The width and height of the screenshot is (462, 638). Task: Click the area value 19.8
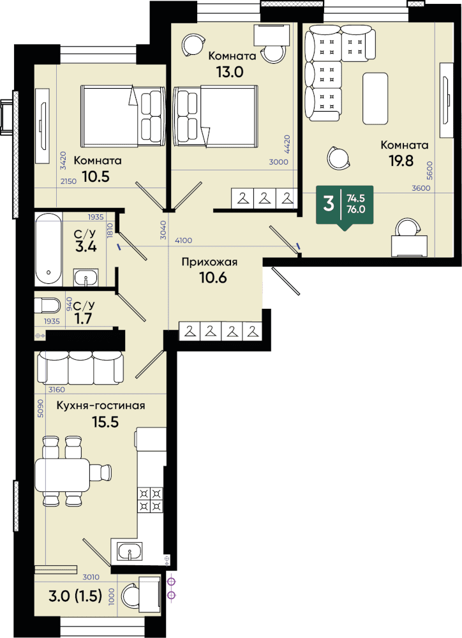point(401,161)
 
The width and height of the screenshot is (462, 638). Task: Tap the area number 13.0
point(230,72)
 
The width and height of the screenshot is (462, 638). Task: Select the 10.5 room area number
point(96,177)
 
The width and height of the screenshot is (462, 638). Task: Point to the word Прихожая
point(209,262)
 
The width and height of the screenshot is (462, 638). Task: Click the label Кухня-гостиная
point(101,406)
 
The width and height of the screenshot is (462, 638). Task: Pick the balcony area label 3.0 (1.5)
point(75,596)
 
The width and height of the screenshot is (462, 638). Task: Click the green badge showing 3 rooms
point(345,206)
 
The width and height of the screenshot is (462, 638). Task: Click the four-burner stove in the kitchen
point(151,500)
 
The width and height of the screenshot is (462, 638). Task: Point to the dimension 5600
point(430,170)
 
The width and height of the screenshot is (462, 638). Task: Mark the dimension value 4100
point(184,241)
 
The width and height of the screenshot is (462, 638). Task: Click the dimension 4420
point(287,144)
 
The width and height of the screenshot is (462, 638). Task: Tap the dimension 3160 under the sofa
point(57,389)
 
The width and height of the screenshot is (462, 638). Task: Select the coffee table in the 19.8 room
point(375,98)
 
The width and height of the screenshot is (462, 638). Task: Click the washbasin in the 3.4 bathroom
point(86,278)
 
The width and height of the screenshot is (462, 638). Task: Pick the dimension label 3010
point(91,577)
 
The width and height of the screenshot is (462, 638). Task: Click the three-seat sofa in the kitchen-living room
point(80,367)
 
